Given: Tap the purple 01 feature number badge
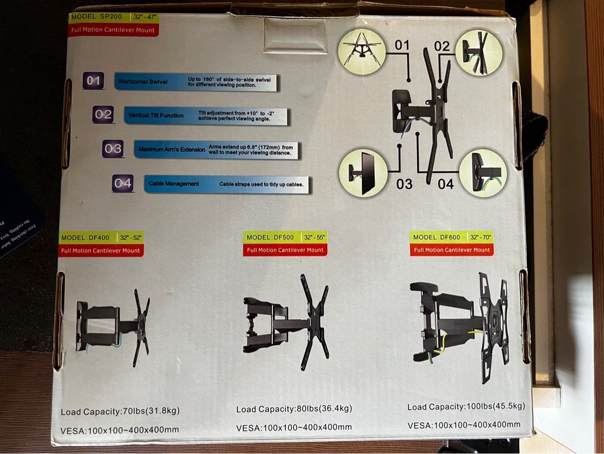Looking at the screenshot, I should pyautogui.click(x=93, y=81).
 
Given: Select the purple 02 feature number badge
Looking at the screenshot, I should pyautogui.click(x=103, y=115).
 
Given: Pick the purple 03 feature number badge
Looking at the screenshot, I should pyautogui.click(x=113, y=148).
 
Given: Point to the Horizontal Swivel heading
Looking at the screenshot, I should pyautogui.click(x=143, y=82).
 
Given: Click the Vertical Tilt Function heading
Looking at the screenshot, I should pyautogui.click(x=155, y=115).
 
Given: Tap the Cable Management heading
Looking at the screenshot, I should pyautogui.click(x=173, y=184).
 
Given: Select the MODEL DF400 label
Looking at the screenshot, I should pyautogui.click(x=86, y=238).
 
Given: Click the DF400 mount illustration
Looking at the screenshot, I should pyautogui.click(x=114, y=327).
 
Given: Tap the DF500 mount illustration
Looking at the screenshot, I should pyautogui.click(x=286, y=321).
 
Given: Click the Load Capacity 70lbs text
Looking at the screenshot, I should pyautogui.click(x=120, y=411).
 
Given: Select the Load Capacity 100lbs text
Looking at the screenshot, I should pyautogui.click(x=466, y=406).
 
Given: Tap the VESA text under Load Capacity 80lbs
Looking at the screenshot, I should pyautogui.click(x=294, y=427).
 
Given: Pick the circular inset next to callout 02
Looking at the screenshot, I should pyautogui.click(x=479, y=53).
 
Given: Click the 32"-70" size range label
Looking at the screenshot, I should pyautogui.click(x=481, y=237).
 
